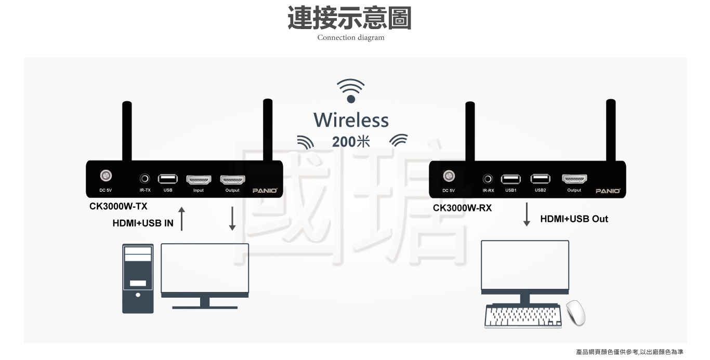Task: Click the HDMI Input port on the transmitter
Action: point(199,180)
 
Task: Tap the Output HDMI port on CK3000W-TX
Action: point(232,180)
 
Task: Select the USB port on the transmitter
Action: point(167,179)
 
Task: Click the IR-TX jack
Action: point(145,179)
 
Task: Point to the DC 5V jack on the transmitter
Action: point(106,176)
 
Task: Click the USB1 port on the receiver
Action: point(510,179)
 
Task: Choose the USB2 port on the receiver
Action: point(540,179)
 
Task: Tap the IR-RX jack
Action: point(488,179)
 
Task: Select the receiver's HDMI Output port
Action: point(574,179)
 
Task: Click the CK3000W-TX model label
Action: point(118,206)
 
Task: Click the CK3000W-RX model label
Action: point(462,208)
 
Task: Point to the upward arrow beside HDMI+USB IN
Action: point(181,219)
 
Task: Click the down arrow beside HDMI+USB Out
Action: point(527,215)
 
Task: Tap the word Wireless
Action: point(351,121)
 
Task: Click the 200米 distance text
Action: point(351,141)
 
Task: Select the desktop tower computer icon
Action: point(138,278)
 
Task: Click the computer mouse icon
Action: point(575,313)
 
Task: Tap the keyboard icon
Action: point(523,316)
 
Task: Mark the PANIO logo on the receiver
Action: point(608,191)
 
